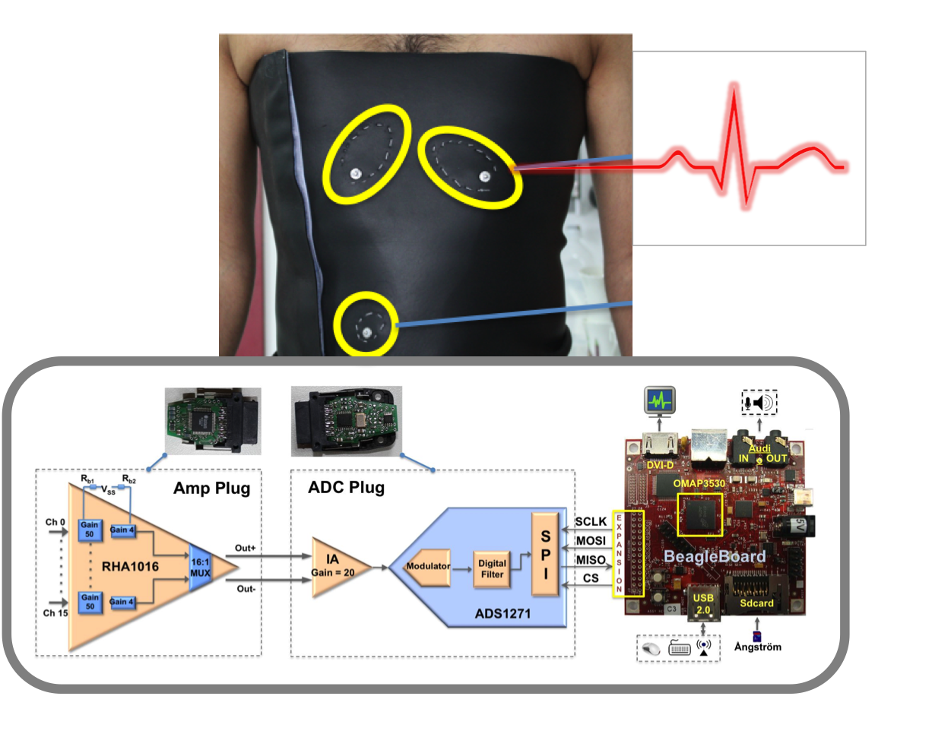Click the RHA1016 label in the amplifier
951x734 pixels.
[130, 567]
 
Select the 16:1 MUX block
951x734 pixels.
[200, 568]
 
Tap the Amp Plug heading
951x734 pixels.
[211, 489]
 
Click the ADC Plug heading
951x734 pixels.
[346, 488]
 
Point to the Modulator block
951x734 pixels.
[428, 567]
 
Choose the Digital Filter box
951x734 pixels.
[492, 568]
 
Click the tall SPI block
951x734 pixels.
[545, 554]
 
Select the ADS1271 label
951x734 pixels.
[502, 613]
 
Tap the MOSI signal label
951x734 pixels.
[591, 541]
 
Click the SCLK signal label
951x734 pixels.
[591, 521]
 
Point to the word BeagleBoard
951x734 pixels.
[715, 557]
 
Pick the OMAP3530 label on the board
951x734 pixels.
[699, 484]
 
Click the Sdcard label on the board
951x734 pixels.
[756, 603]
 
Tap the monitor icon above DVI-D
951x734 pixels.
[659, 400]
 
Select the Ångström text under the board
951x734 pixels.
[757, 647]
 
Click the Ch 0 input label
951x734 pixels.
[55, 523]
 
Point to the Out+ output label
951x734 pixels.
[245, 548]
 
